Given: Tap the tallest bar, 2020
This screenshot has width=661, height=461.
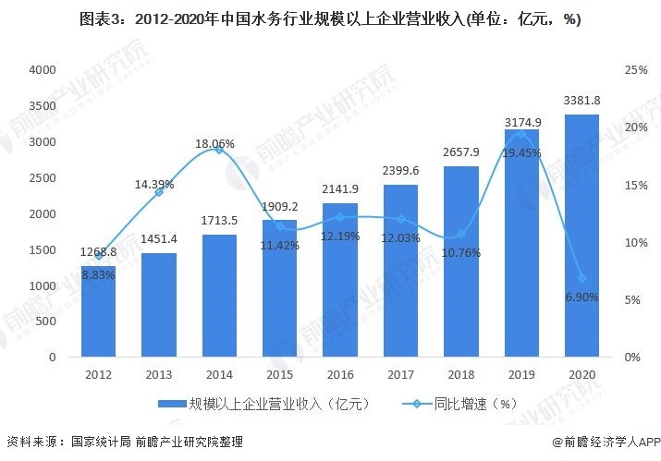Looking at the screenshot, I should click(581, 236).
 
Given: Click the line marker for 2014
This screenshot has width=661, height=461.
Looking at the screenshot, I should click(219, 150).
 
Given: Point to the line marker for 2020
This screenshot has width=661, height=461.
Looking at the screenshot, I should click(581, 278).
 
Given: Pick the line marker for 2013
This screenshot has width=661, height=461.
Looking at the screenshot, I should click(159, 191).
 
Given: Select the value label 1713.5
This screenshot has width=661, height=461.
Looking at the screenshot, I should click(219, 223).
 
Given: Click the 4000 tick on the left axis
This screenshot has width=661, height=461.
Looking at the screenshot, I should click(43, 70).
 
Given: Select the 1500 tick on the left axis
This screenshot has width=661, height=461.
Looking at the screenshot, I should click(43, 250).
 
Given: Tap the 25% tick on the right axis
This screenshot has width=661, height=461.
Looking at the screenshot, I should click(636, 70).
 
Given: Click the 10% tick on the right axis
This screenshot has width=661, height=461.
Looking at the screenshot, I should click(636, 243).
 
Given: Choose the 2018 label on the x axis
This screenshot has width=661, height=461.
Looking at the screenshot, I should click(460, 376).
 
